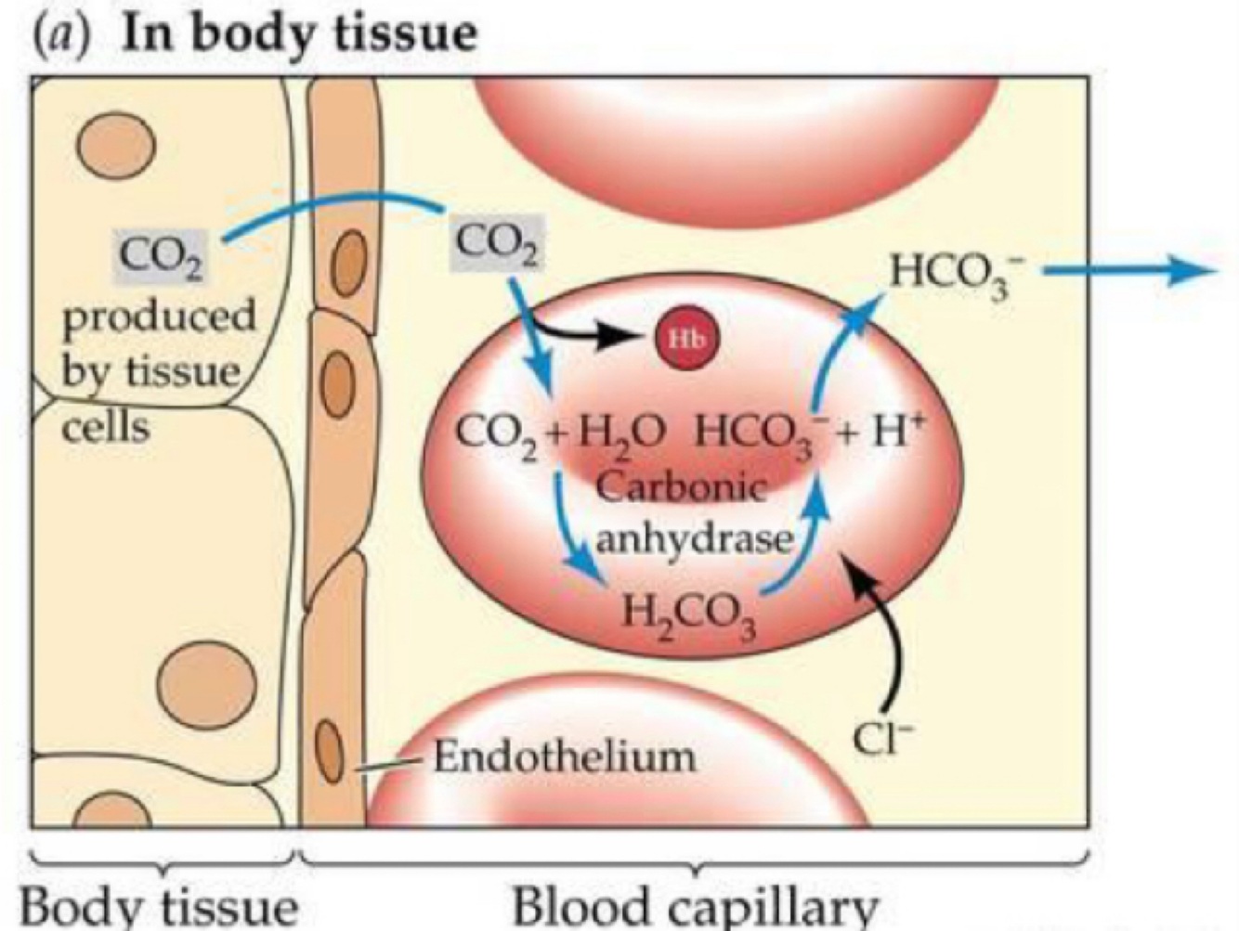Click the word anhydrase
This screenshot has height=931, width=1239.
point(696,538)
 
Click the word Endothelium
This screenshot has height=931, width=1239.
point(565,757)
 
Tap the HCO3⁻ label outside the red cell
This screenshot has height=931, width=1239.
point(948,272)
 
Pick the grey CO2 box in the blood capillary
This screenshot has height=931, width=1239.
point(497,244)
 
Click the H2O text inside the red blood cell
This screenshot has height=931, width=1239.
point(621,433)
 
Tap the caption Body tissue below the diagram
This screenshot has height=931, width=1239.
point(160,904)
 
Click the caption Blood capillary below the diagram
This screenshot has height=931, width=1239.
point(695,904)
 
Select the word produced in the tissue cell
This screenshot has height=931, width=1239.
point(158,317)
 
